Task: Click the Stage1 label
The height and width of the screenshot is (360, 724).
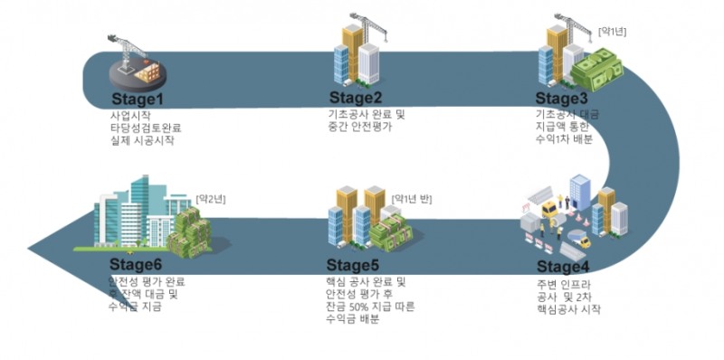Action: (x=137, y=99)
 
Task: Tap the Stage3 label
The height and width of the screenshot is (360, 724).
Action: (x=562, y=99)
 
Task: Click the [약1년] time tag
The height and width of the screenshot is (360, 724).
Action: (x=612, y=32)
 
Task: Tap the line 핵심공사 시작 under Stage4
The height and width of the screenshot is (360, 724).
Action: (x=567, y=309)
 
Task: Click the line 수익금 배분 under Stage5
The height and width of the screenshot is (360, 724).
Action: (x=352, y=321)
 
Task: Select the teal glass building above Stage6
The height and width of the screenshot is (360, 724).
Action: (x=136, y=213)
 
